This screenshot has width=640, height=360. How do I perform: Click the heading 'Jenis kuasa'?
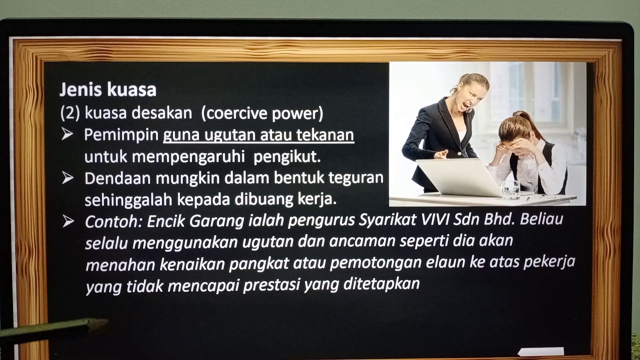(x=107, y=90)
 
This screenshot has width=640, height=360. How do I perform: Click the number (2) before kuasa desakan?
(x=70, y=114)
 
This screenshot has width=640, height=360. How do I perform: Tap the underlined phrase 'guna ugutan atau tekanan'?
(x=258, y=135)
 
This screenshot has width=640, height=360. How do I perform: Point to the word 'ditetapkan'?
(x=381, y=284)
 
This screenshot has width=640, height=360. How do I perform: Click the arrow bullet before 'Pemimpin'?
(x=67, y=135)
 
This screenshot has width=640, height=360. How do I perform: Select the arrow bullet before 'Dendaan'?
(x=67, y=178)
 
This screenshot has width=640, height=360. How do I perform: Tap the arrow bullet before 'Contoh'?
(x=68, y=221)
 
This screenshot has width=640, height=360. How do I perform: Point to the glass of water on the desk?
(x=511, y=189)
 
